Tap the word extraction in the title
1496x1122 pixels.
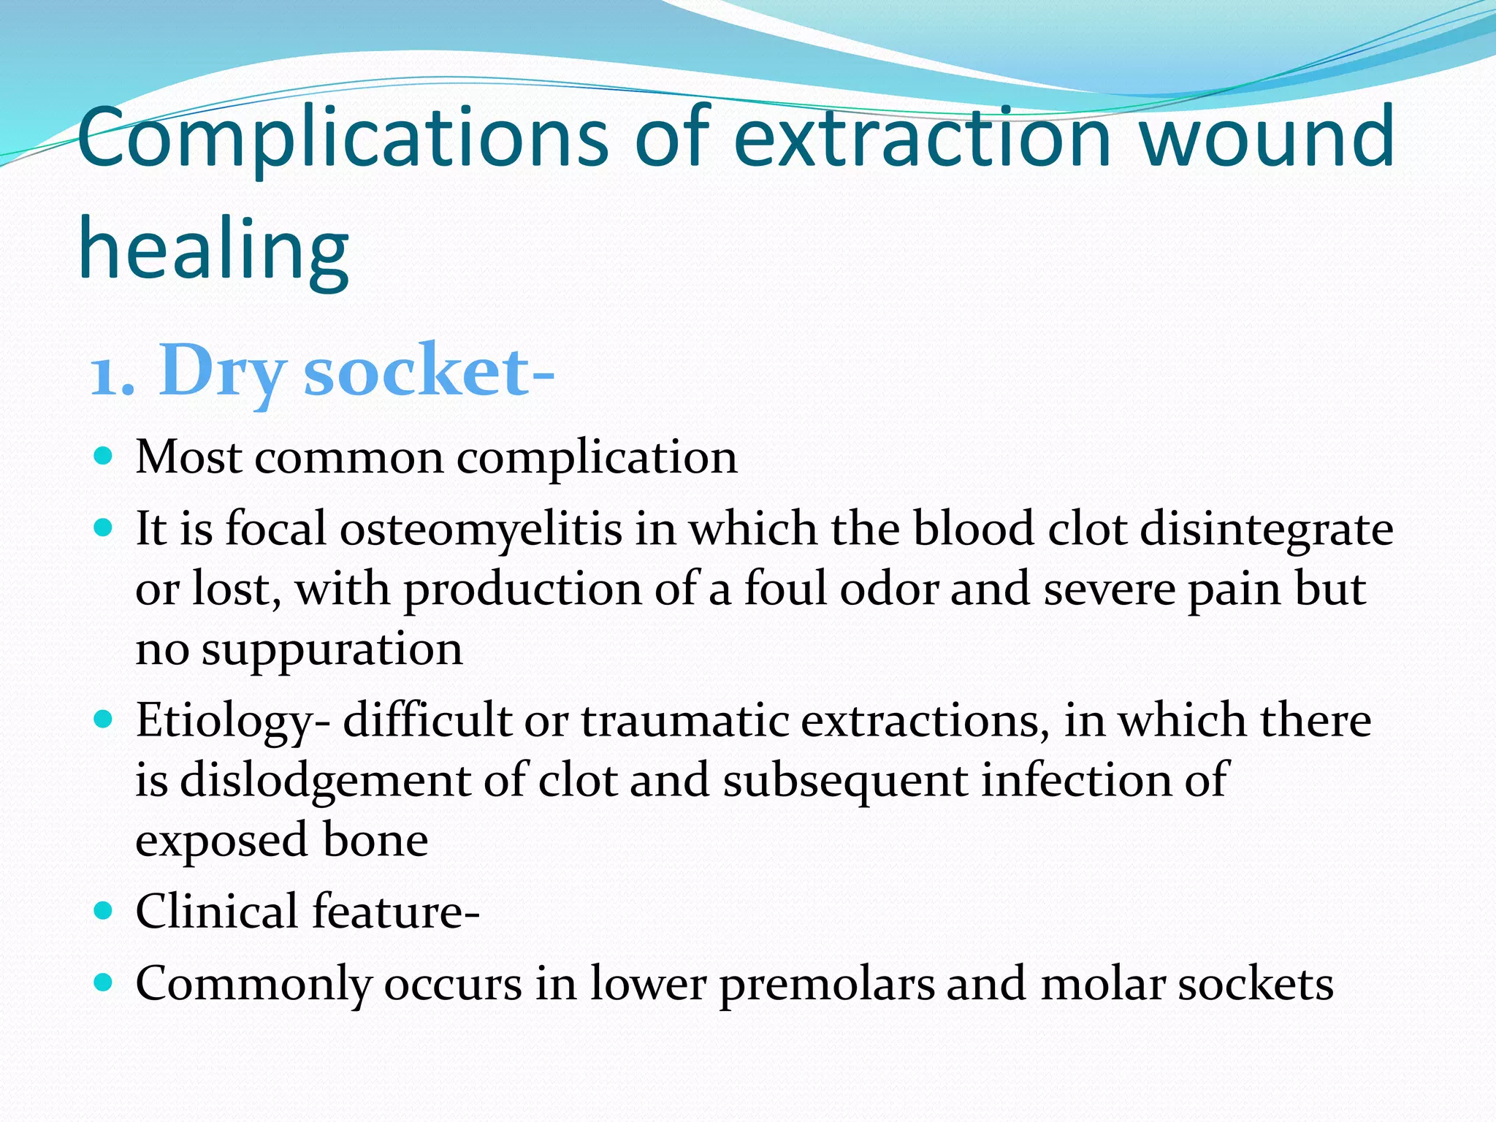click(923, 137)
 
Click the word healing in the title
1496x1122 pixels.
click(213, 250)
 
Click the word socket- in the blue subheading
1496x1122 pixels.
click(429, 371)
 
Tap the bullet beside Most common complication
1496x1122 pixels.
click(104, 457)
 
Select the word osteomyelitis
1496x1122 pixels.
click(481, 529)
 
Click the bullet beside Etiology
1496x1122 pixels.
click(104, 720)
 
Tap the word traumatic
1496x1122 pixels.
click(684, 720)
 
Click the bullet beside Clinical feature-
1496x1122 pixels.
click(104, 912)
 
